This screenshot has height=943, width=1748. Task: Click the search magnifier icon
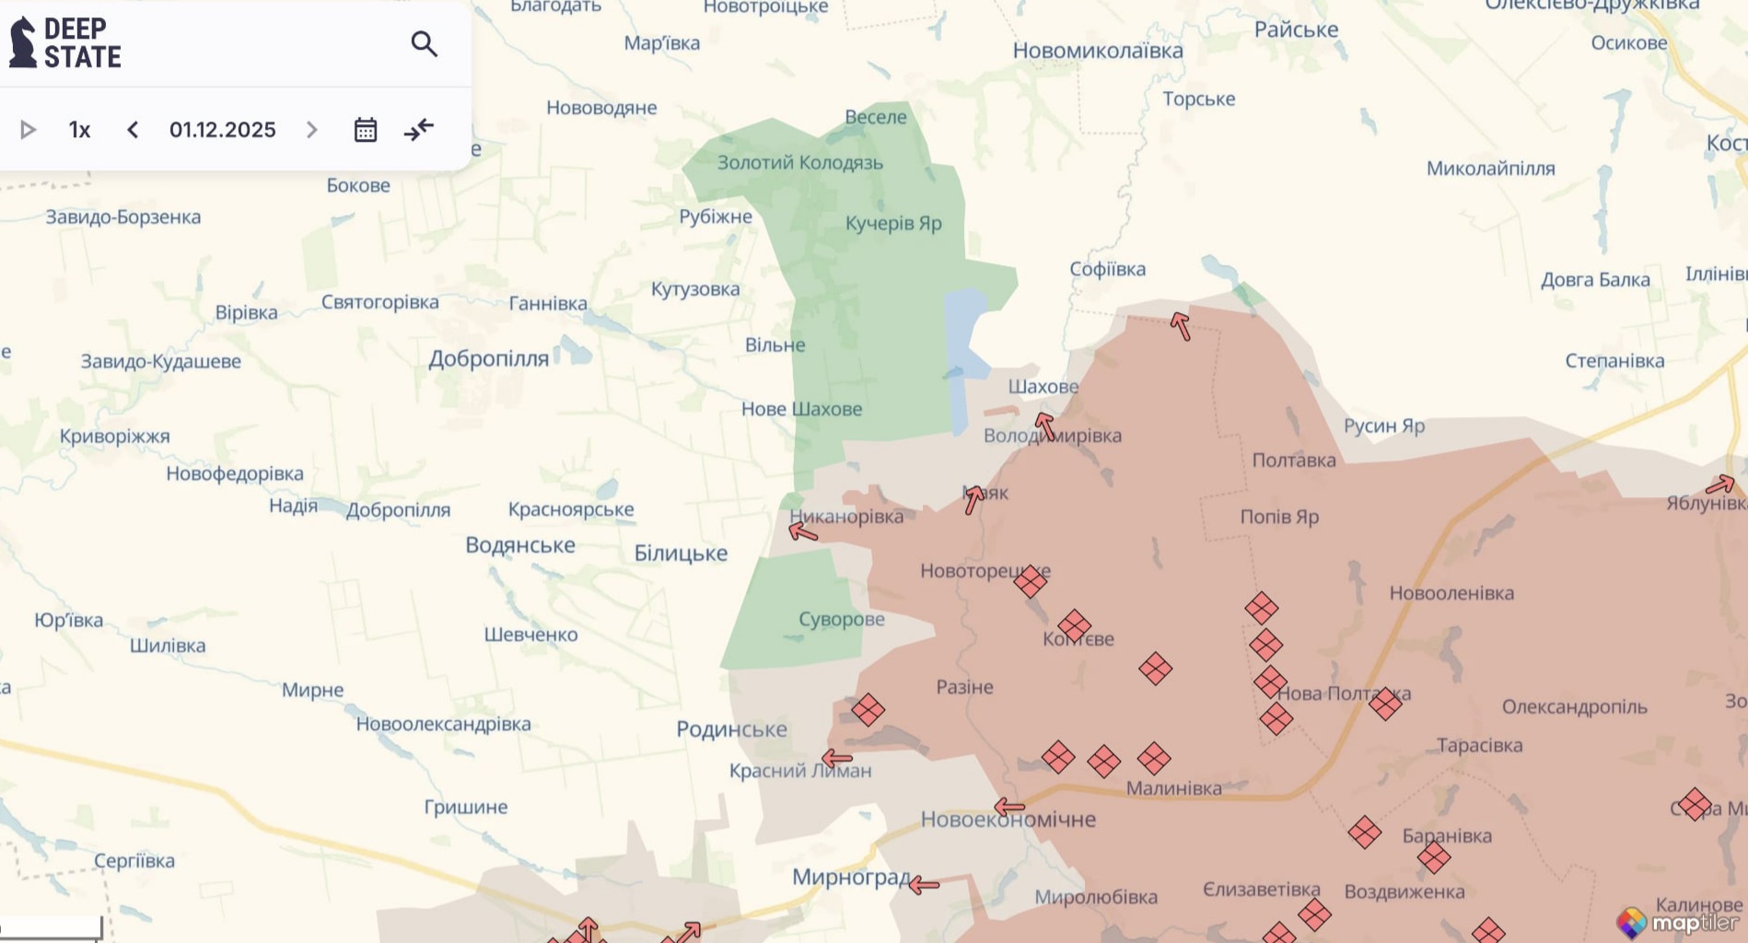pos(424,44)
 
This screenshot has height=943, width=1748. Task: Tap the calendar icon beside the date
pos(366,130)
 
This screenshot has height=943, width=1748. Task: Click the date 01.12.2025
pos(222,130)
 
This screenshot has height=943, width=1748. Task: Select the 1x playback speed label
pos(80,130)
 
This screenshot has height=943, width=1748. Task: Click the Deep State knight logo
pos(23,42)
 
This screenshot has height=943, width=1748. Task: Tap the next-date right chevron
pos(311,130)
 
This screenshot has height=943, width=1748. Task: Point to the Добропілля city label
pos(488,359)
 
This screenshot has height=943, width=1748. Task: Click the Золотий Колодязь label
pos(799,163)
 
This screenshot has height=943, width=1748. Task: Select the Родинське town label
pos(731,729)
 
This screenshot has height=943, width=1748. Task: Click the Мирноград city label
pos(851,877)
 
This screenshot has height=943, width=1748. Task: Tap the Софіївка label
pos(1107,269)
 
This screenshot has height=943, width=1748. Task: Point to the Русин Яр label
pos(1383,425)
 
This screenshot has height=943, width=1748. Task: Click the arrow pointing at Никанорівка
pos(803,531)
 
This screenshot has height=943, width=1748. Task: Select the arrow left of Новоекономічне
pos(1009,808)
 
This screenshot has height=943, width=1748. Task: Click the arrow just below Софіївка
pos(1181,326)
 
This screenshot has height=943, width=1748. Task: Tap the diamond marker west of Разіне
pos(868,710)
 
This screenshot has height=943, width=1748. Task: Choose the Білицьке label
pos(681,553)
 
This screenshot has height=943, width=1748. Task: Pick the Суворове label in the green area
pos(841,619)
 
